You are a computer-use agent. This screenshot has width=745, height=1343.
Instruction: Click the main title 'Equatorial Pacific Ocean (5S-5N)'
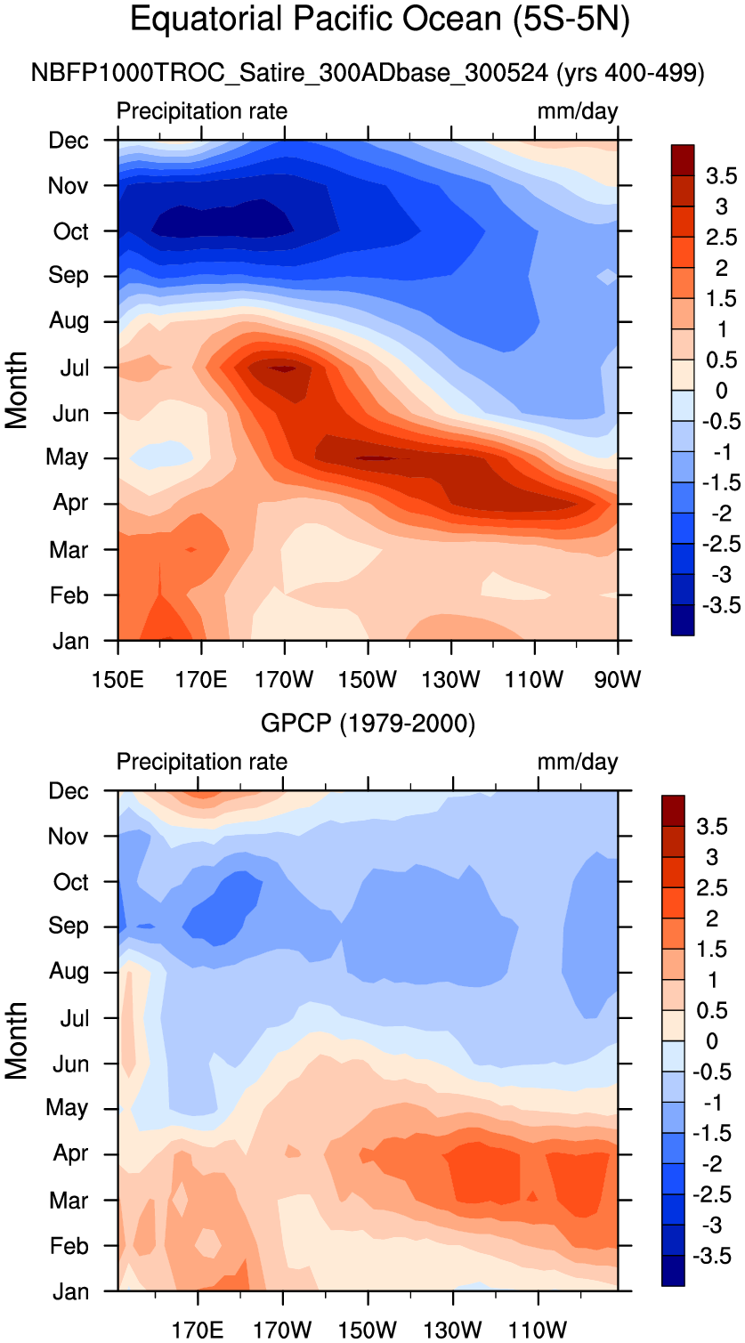(x=379, y=20)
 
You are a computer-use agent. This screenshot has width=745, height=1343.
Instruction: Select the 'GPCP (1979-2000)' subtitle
(x=368, y=724)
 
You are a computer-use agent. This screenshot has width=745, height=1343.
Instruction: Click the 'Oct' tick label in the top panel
(x=71, y=231)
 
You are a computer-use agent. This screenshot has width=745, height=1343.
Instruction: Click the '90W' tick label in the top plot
(x=617, y=680)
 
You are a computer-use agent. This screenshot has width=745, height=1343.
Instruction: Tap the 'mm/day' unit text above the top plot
(x=577, y=112)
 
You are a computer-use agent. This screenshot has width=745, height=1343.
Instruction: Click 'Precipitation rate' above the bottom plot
(x=202, y=763)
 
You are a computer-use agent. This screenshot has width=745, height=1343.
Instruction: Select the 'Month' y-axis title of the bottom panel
(x=18, y=1040)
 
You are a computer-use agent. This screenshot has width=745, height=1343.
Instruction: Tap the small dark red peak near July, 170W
(x=283, y=368)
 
